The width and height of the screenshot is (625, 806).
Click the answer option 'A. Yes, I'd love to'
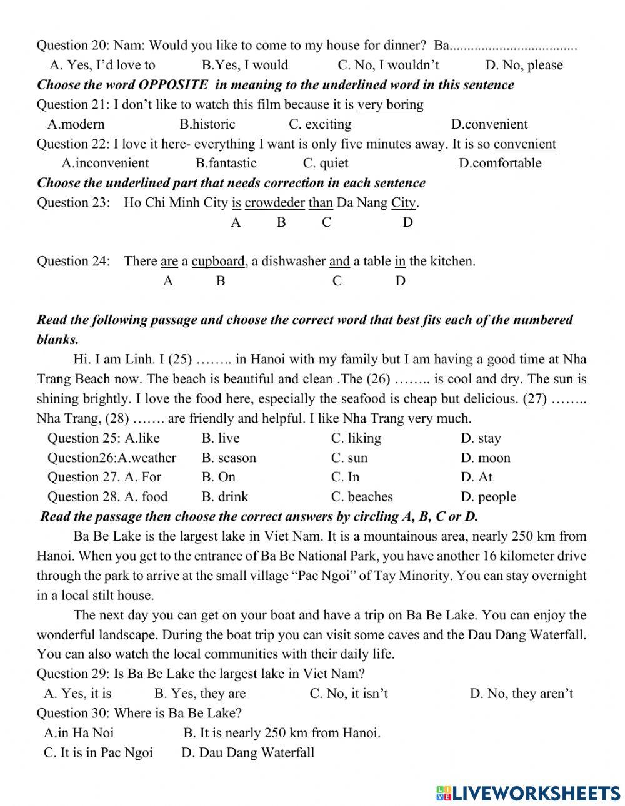tap(102, 65)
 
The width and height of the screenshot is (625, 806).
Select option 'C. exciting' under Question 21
tap(320, 124)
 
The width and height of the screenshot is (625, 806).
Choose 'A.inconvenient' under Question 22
tap(105, 163)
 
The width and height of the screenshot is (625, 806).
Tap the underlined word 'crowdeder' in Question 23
tap(274, 203)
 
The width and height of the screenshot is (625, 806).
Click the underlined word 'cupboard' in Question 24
tap(218, 261)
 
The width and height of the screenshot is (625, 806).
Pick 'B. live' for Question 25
tap(221, 438)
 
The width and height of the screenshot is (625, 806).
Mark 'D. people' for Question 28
tap(488, 497)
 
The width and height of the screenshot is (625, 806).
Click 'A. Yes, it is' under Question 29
tap(77, 693)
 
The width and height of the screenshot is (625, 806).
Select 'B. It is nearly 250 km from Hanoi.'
tap(282, 732)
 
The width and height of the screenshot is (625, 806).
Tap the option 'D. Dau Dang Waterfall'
tap(247, 752)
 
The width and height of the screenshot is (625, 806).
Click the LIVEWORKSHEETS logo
tap(528, 792)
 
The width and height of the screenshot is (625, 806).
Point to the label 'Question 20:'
tap(72, 46)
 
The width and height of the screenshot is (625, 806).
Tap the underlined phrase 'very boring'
tap(390, 104)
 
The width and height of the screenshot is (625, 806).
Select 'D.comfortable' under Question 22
tap(500, 163)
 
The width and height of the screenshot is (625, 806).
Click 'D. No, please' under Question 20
tap(524, 65)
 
